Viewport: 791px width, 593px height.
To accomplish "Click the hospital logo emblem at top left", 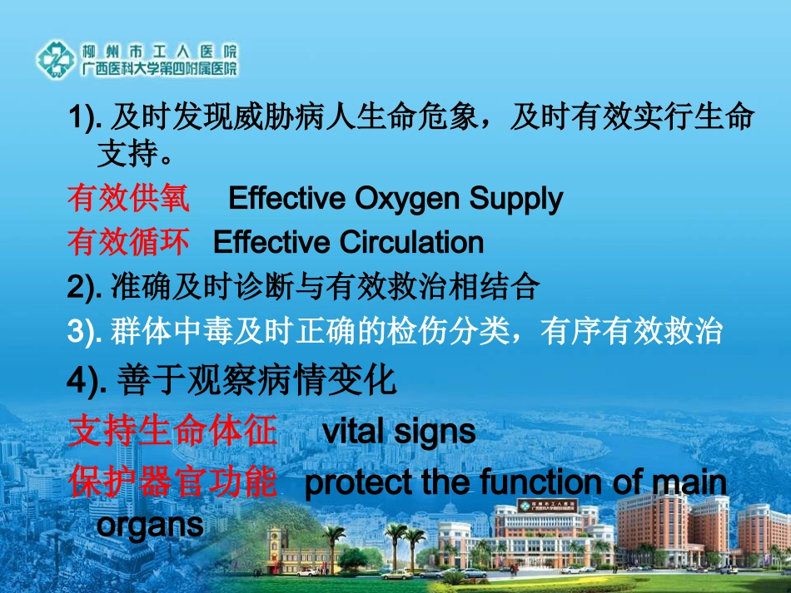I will point(57,59).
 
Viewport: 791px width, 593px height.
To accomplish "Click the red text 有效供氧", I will point(128,199).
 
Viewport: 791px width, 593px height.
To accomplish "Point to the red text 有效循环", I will point(128,242).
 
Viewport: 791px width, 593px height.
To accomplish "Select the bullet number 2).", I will point(85,288).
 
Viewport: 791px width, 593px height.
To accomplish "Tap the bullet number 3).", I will point(85,332).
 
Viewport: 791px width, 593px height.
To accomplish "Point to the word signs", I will point(435,432).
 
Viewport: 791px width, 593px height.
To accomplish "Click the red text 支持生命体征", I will point(172,432).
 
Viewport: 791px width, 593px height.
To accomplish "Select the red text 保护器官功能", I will point(172,482).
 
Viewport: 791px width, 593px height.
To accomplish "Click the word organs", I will point(150,526).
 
